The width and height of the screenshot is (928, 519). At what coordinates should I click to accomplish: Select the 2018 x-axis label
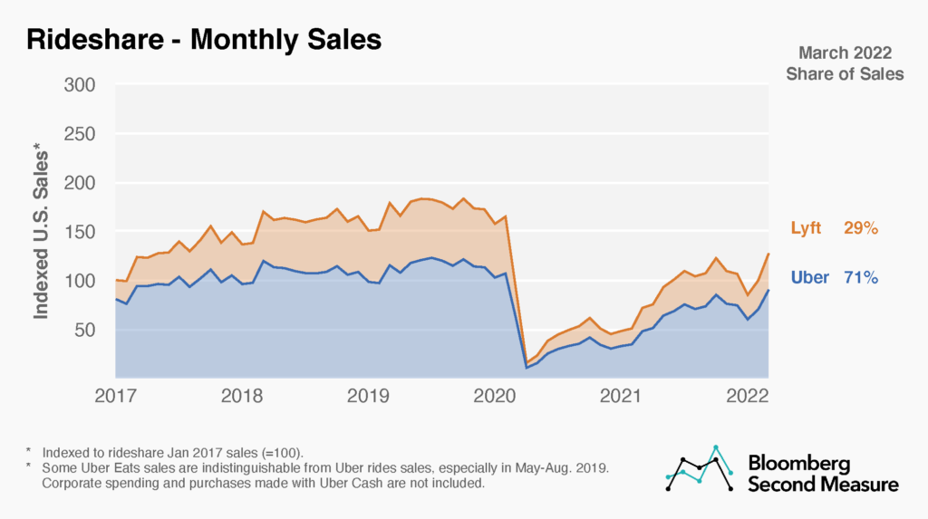coord(242,395)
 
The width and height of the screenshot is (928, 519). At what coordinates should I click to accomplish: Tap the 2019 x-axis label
coord(369,395)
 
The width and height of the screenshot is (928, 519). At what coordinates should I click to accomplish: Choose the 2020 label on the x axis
coord(496,395)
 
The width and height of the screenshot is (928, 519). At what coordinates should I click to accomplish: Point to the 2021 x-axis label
coord(623,395)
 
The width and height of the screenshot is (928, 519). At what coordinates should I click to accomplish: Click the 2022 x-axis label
coord(749,395)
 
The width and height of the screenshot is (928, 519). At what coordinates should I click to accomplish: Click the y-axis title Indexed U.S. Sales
coord(43,230)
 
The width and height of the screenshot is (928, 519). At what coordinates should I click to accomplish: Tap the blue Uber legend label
coord(810,277)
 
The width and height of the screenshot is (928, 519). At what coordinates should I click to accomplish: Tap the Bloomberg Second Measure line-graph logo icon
coord(700,469)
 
